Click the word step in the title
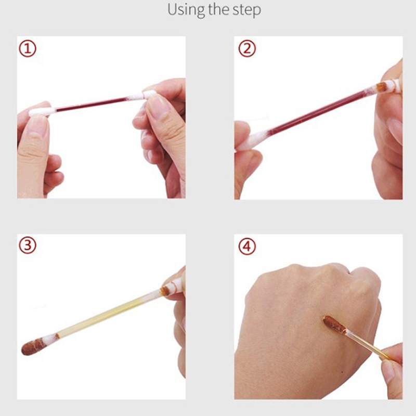246,10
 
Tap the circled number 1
28,48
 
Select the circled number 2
247,48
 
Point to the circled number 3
28,245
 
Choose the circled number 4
247,246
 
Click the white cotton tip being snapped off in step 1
150,94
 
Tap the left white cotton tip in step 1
43,112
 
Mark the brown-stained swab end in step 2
382,87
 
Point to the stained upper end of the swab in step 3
166,290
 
